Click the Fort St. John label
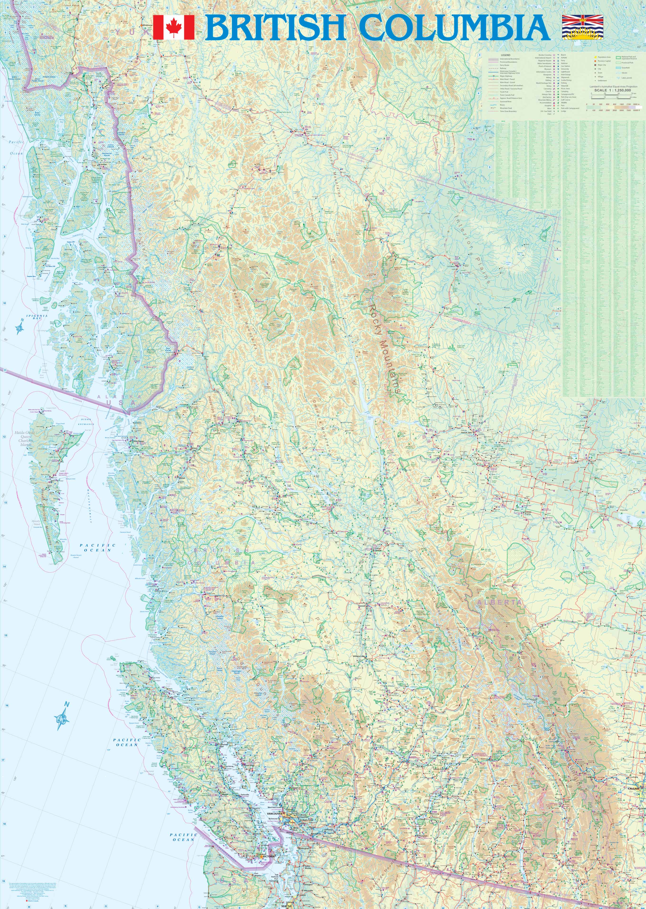pyautogui.click(x=469, y=432)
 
